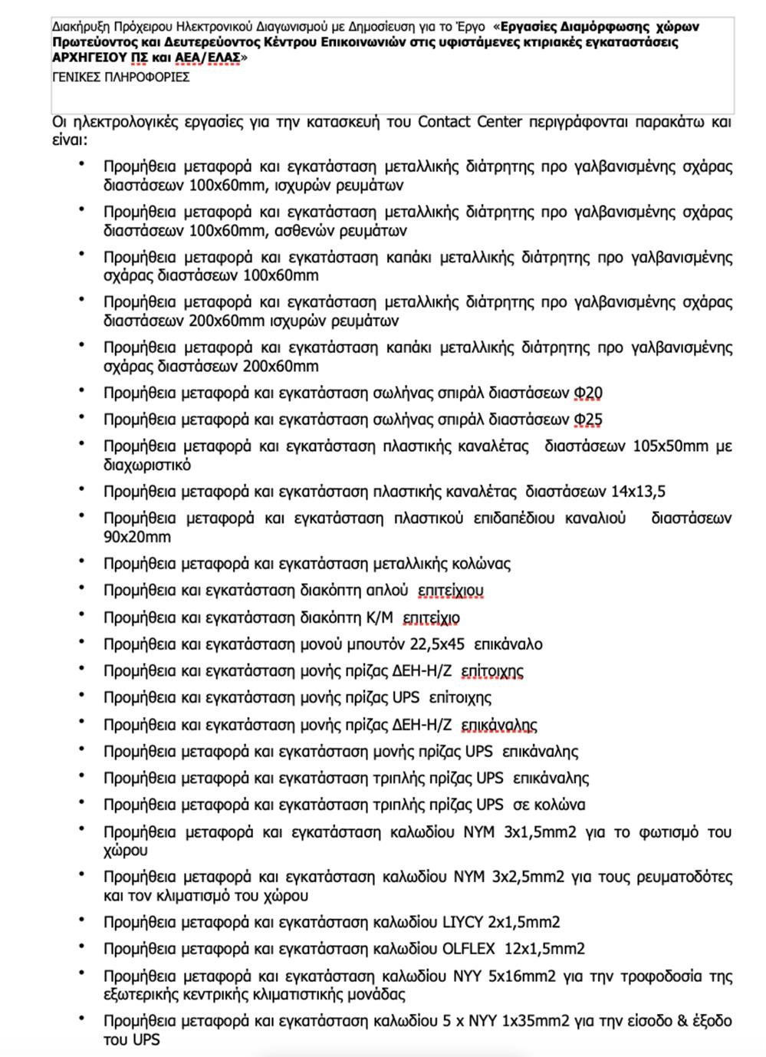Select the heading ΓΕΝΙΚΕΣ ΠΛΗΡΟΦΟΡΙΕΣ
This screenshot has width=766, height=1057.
click(x=121, y=77)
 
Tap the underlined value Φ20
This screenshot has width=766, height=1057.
click(x=588, y=393)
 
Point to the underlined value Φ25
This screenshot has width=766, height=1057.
click(x=588, y=420)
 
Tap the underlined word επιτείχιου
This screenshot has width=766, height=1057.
click(x=450, y=591)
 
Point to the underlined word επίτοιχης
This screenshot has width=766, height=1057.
click(x=491, y=671)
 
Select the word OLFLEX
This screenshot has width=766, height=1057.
click(x=470, y=949)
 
